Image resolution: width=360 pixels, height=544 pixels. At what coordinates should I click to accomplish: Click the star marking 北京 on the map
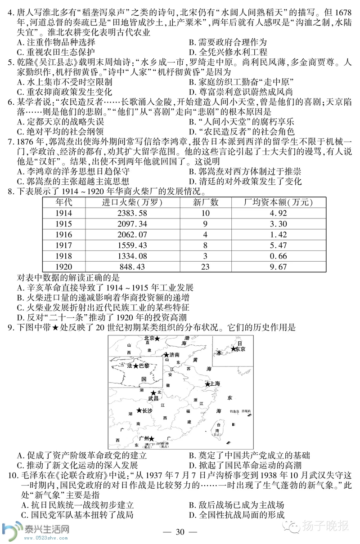point(157,339)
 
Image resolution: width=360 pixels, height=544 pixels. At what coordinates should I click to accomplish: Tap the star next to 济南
point(166,355)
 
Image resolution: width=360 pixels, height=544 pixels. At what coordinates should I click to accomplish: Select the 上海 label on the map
point(216,383)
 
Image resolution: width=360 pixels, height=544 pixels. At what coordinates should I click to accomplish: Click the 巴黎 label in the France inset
point(144,366)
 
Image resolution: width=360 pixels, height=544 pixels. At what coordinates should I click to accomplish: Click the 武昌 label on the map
point(153,398)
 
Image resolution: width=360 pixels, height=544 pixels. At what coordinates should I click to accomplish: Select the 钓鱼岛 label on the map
point(233,411)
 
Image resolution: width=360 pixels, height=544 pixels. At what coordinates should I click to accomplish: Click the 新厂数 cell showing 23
point(205,267)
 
